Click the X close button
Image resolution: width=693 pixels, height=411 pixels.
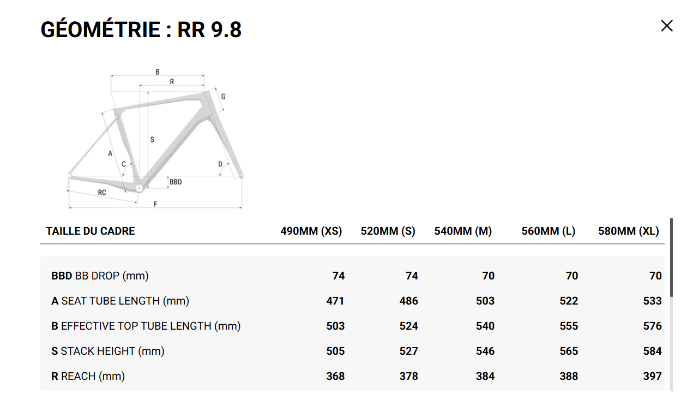(x=667, y=26)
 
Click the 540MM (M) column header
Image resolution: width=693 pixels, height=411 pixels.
(x=463, y=231)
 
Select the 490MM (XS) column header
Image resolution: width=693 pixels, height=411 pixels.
(x=311, y=231)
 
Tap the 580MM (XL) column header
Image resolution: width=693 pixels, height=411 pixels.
(x=628, y=231)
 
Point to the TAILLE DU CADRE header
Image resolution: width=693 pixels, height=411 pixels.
(x=91, y=231)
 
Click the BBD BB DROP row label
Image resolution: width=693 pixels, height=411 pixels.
(x=100, y=276)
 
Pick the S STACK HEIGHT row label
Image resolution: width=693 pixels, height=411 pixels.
(x=107, y=351)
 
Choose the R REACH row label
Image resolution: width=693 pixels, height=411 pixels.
(x=88, y=376)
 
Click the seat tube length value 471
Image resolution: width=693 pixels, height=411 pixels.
(x=335, y=301)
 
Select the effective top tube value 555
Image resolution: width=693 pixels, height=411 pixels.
(x=569, y=326)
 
